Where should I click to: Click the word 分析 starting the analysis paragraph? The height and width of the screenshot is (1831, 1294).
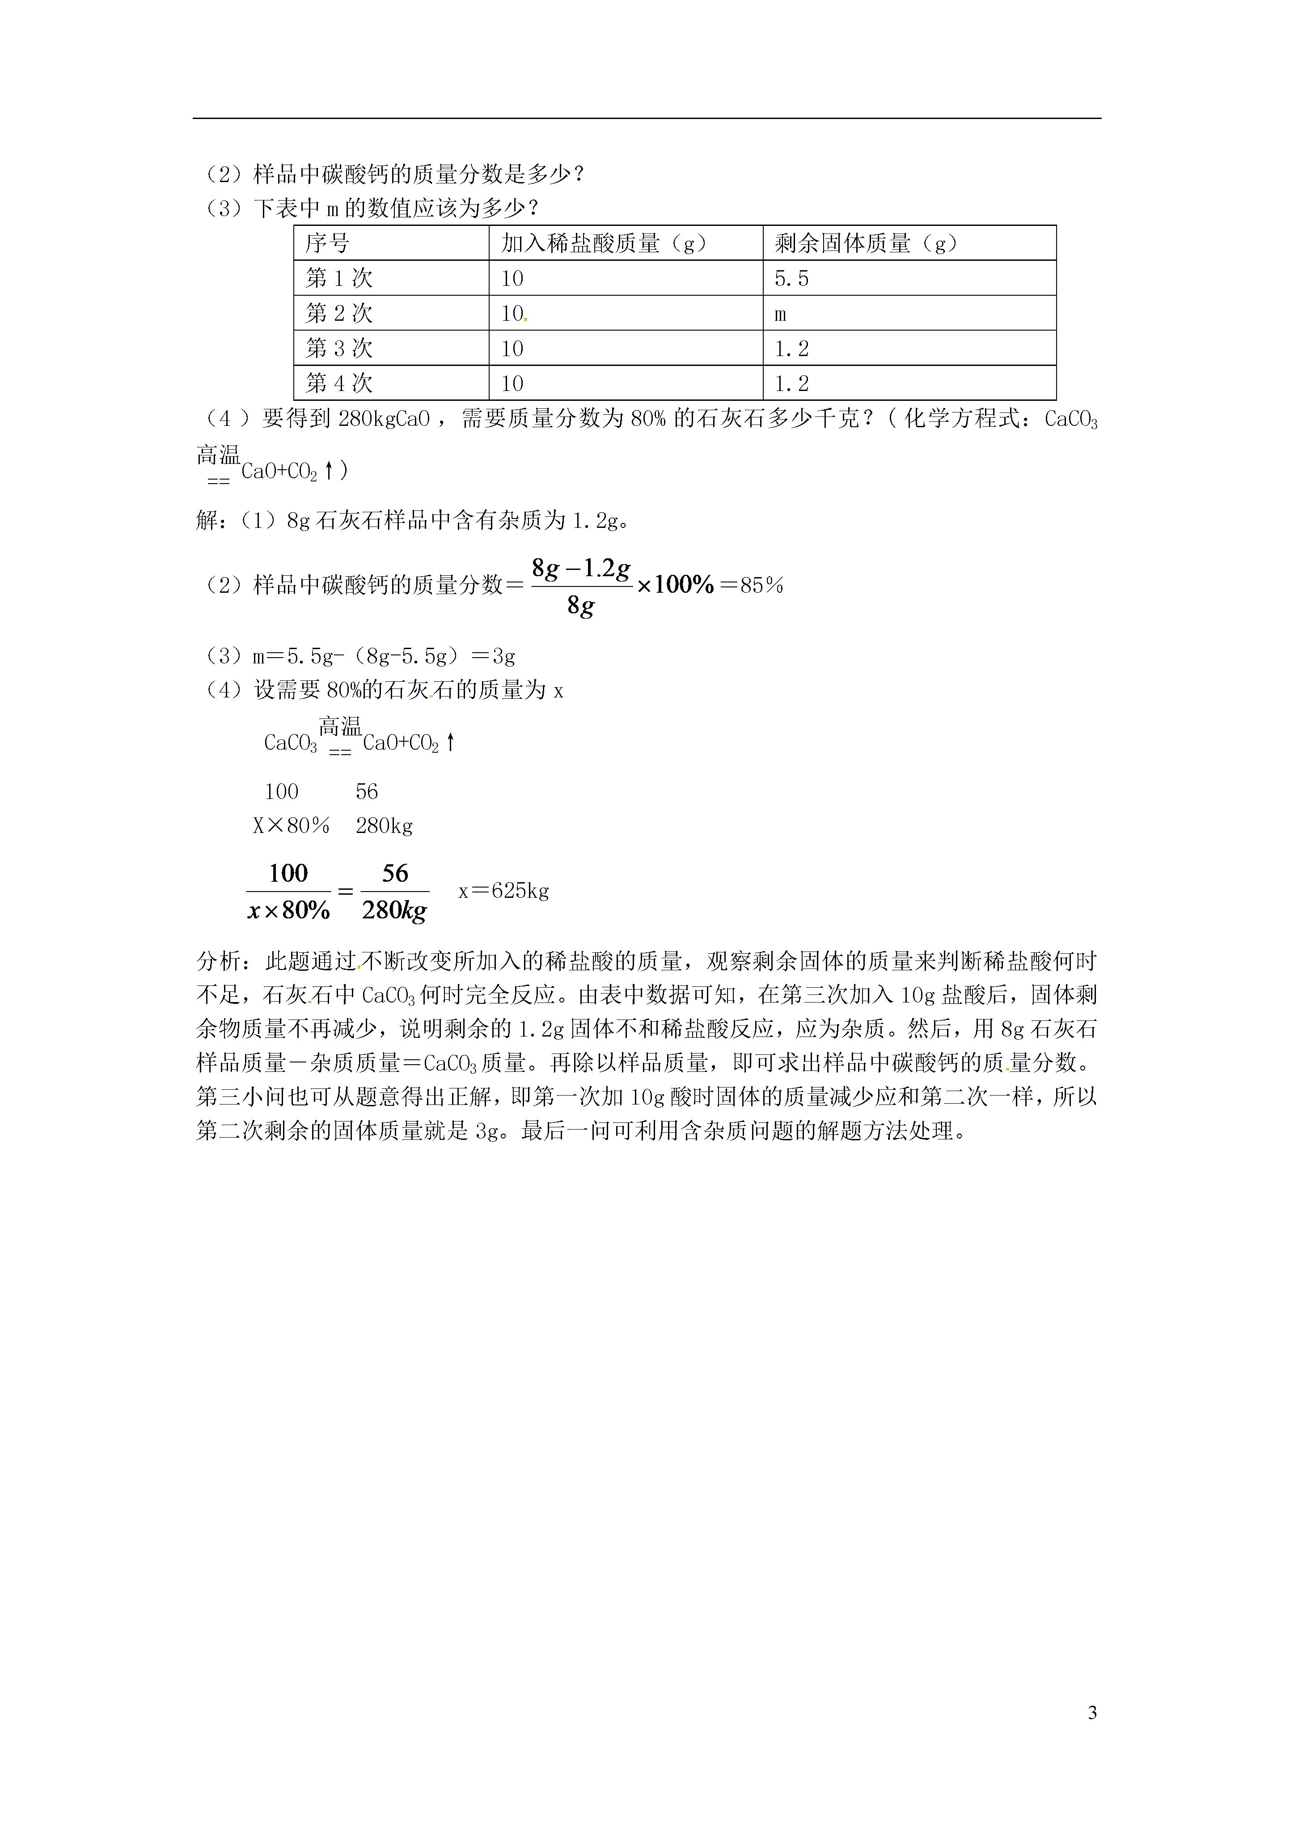pos(218,962)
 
